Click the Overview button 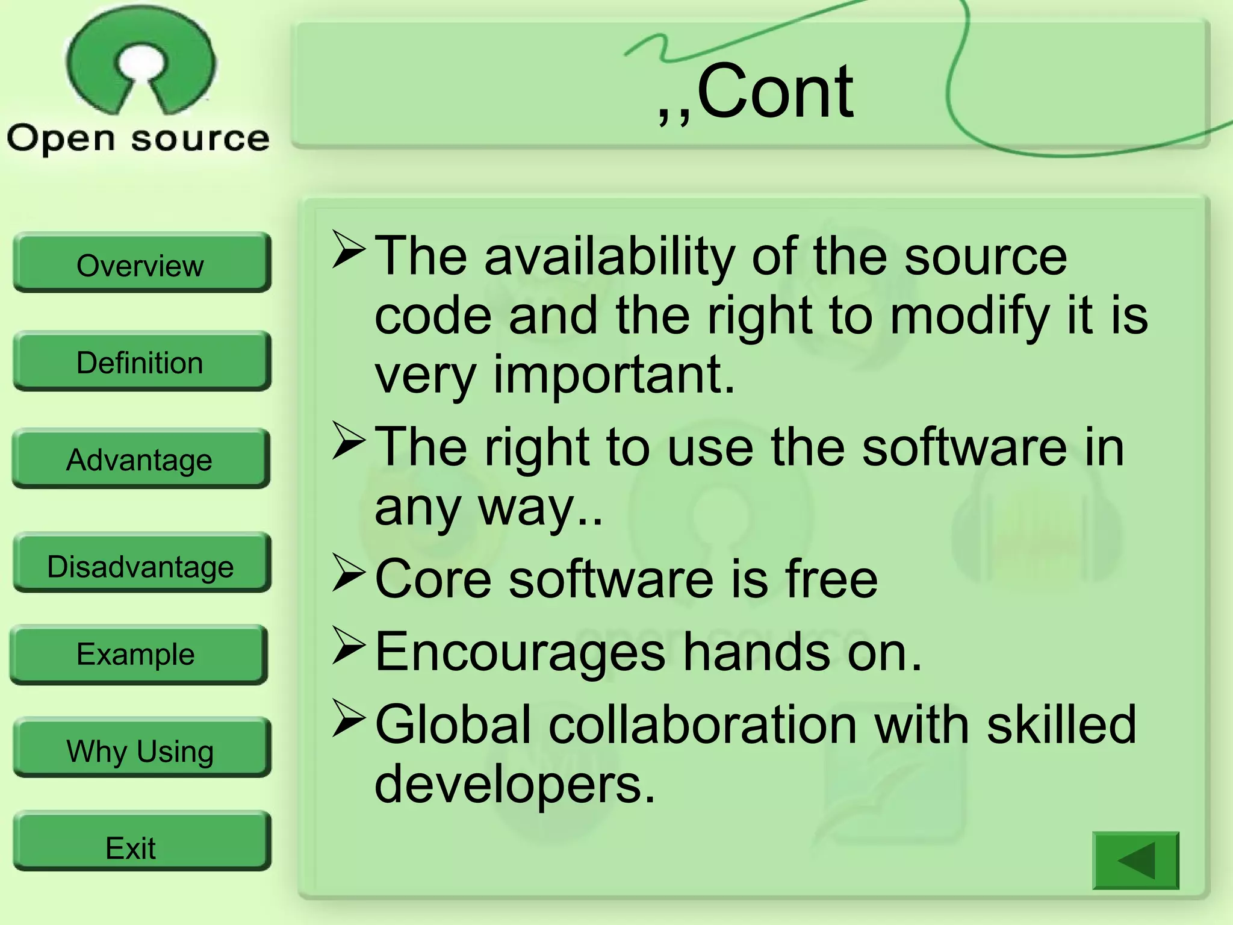click(x=141, y=264)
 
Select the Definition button click(x=141, y=361)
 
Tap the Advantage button click(x=140, y=459)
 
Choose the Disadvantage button click(x=141, y=565)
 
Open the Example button click(x=137, y=654)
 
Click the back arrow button click(x=1135, y=860)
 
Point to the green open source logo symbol click(x=140, y=60)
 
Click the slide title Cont click(x=756, y=93)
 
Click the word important click(x=614, y=376)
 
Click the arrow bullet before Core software click(x=349, y=572)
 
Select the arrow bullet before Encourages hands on click(x=349, y=646)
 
